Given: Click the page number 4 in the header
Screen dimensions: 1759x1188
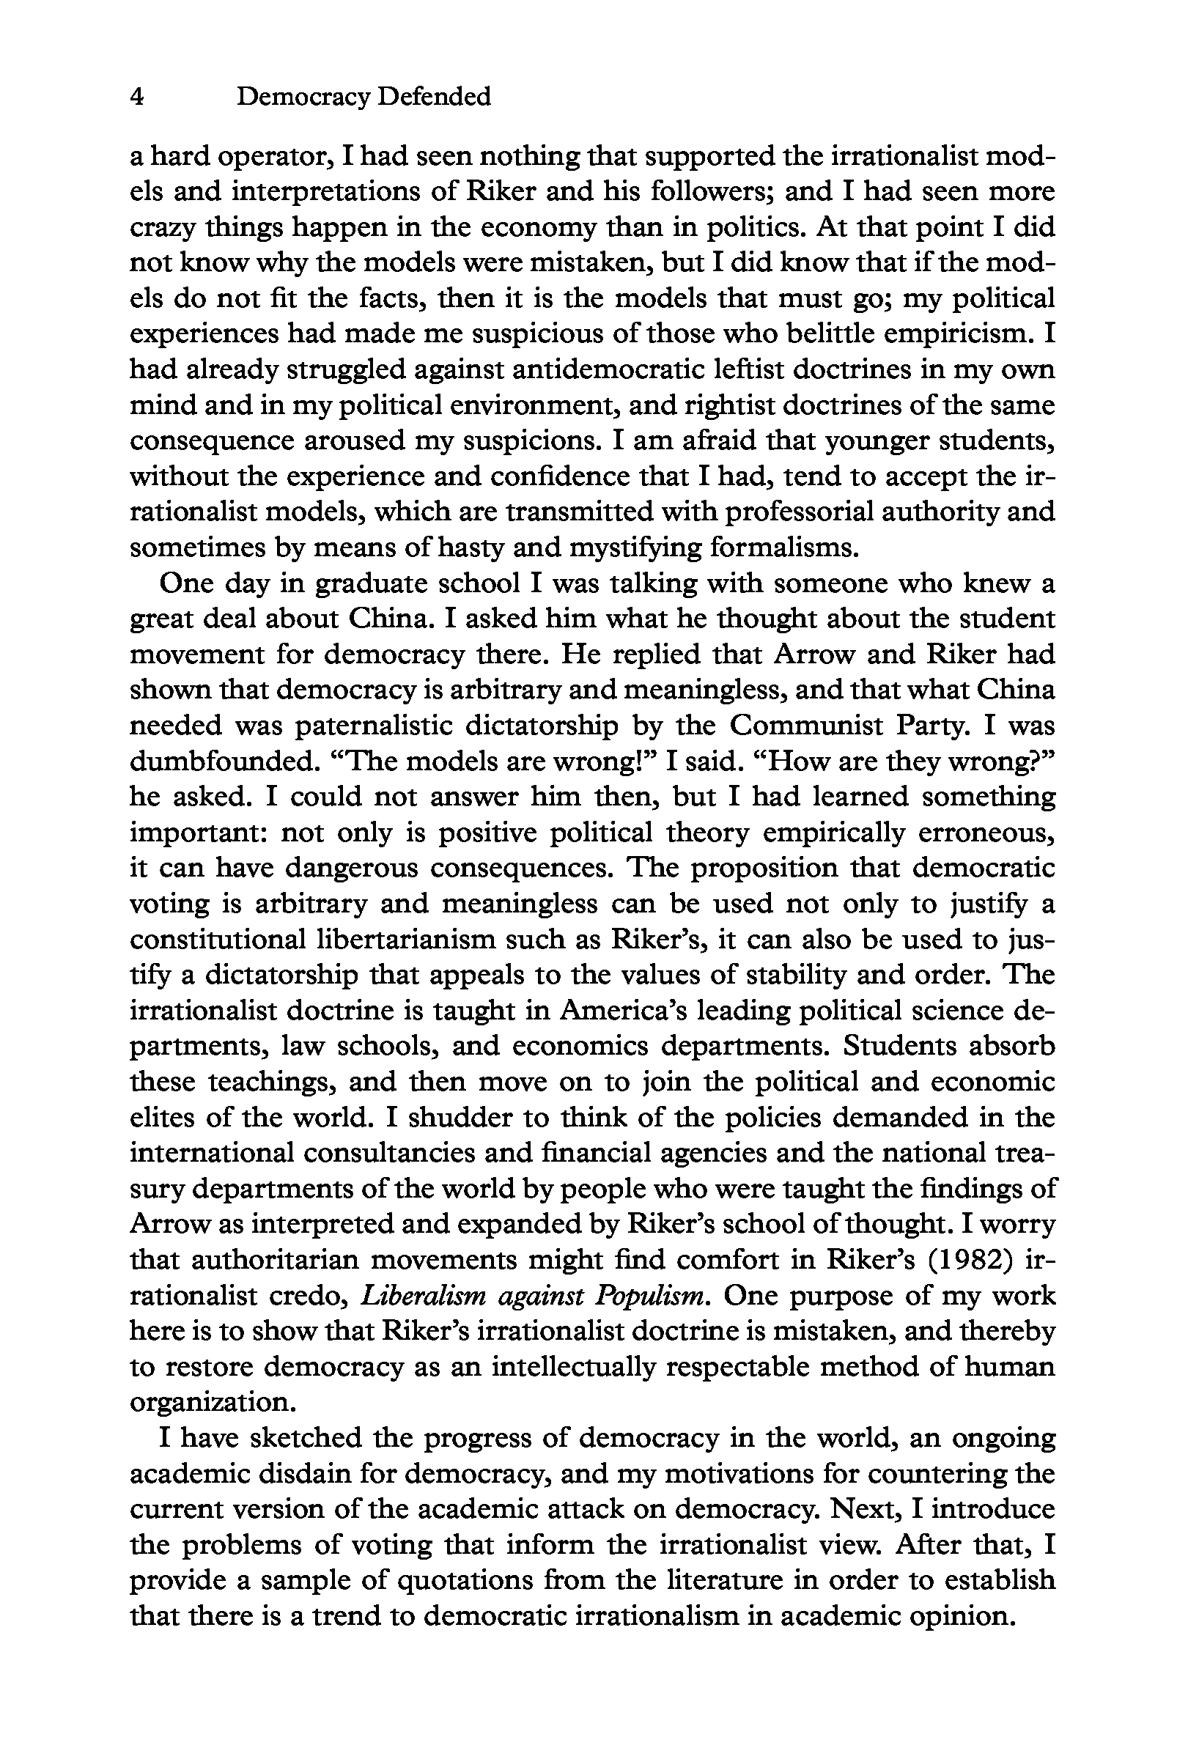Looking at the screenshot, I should [137, 97].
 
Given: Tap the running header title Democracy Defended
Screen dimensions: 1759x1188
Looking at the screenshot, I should [364, 97].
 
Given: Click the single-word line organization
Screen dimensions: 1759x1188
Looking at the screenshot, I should [212, 1403].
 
